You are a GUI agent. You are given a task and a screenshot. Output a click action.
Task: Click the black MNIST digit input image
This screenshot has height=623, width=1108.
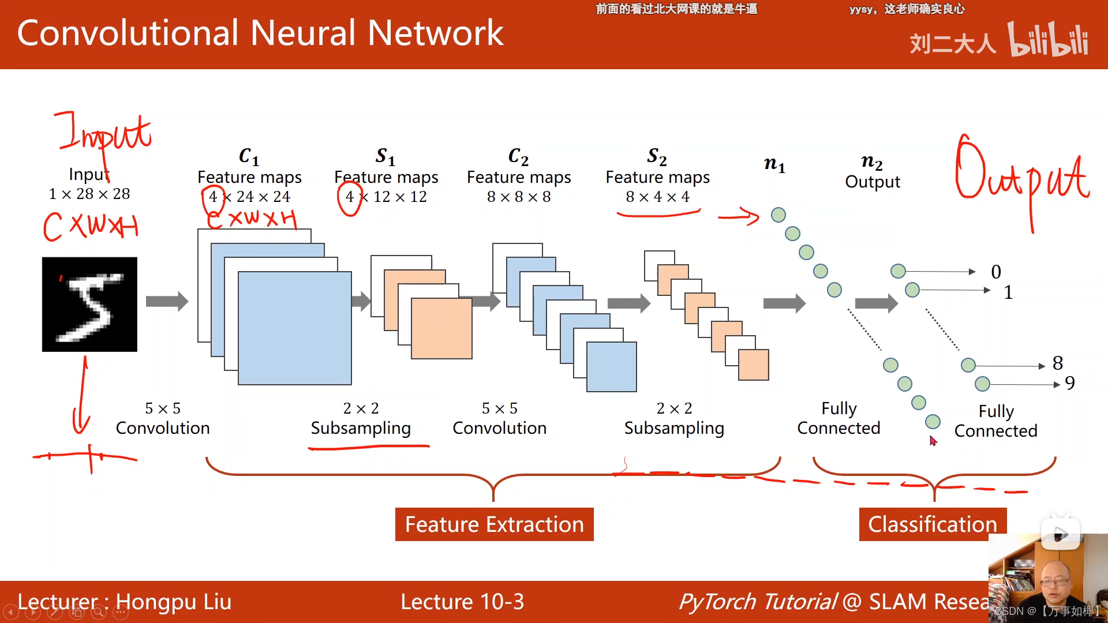89,304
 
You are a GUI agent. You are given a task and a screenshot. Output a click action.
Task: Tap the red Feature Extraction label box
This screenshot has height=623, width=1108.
494,524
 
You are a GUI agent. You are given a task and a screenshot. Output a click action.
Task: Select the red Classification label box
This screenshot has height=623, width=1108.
932,524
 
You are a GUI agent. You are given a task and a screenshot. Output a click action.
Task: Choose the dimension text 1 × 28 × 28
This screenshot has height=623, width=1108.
89,194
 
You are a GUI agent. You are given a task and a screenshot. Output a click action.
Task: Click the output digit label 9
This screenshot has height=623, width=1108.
1069,383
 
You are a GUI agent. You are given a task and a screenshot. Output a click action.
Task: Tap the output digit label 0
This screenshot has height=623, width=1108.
996,272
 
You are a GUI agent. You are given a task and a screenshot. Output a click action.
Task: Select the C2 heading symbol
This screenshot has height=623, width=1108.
518,156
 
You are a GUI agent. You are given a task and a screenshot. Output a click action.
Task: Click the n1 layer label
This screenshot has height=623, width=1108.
774,164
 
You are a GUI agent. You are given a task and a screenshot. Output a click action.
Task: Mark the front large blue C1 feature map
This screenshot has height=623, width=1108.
294,328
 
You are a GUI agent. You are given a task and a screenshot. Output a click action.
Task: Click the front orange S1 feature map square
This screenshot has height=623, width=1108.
441,328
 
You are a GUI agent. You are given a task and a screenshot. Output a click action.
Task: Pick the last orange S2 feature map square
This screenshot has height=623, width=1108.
753,365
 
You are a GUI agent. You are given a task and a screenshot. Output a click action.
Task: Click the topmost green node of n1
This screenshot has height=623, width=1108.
778,215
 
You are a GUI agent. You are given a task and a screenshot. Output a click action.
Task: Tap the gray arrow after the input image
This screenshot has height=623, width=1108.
167,301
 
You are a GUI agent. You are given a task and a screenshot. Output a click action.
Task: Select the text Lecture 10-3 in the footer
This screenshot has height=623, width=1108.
462,602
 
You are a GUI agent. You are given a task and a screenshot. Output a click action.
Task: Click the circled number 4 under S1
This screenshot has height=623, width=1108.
350,197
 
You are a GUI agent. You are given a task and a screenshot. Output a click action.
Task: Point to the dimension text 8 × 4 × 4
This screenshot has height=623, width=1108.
657,197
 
